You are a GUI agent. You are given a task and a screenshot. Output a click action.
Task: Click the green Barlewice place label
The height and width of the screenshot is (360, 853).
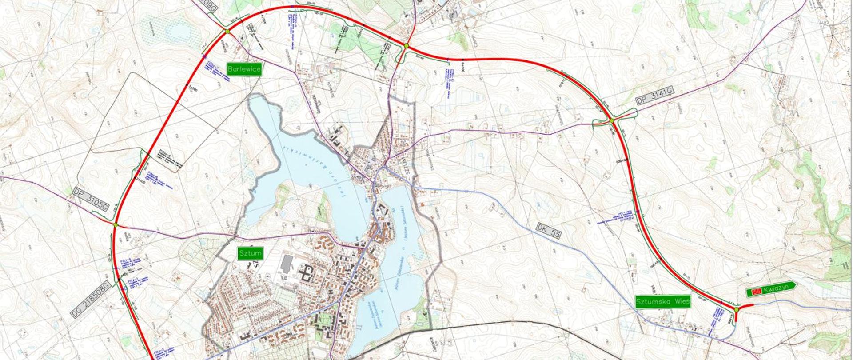[244, 69]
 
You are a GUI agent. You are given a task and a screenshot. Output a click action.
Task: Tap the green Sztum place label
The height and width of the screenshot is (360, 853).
[251, 254]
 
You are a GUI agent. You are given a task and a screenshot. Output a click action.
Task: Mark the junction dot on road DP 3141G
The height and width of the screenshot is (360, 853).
[611, 120]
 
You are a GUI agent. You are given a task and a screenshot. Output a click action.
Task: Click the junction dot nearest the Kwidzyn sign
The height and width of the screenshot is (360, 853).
[736, 309]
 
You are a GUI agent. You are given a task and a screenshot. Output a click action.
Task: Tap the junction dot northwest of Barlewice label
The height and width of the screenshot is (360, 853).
[227, 31]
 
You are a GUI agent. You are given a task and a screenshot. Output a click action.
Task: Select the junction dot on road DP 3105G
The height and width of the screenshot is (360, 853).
[116, 225]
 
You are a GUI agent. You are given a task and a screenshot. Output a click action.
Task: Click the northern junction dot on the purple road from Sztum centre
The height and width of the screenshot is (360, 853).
[406, 46]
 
